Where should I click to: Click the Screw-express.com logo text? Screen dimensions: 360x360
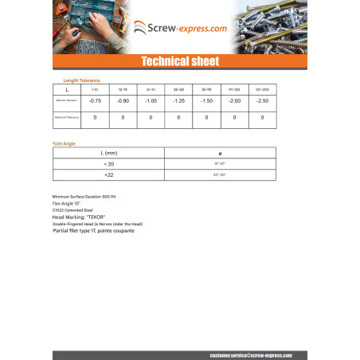point(188,29)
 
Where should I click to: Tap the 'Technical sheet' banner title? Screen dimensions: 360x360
point(179,61)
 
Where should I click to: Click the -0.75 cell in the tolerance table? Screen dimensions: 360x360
point(95,101)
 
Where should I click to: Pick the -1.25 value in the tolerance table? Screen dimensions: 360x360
point(178,101)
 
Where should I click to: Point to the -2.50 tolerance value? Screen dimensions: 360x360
point(262,101)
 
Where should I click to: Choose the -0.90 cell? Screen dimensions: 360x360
point(123,101)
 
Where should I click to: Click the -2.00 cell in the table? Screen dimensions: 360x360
point(234,101)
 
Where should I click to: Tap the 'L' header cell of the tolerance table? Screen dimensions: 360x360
point(67,89)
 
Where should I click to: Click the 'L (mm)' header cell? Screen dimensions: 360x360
point(108,152)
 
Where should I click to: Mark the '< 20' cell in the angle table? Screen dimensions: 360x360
point(108,163)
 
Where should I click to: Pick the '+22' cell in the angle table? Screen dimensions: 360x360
point(108,174)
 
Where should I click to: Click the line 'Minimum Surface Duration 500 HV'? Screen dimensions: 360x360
point(84,196)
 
